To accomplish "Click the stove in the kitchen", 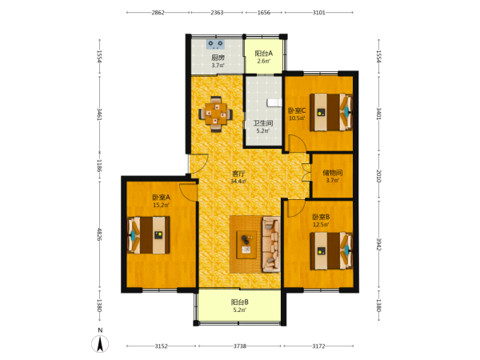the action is click(215, 44).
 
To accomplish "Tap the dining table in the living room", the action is click(216, 114).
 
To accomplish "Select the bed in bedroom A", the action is click(149, 235).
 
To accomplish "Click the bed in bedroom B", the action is click(331, 251).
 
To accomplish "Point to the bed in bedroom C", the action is click(331, 112).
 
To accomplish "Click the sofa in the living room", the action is click(271, 244).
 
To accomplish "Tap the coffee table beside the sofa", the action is click(246, 245).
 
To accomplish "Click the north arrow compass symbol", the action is click(100, 343).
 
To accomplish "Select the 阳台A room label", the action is click(264, 54).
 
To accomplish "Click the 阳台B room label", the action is click(240, 302).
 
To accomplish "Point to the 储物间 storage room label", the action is click(333, 173).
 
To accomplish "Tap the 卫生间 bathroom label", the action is click(263, 123).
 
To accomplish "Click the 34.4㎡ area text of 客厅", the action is click(238, 182).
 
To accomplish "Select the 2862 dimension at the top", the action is click(158, 13).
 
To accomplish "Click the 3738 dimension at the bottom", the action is click(240, 346).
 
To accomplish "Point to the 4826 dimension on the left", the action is click(99, 234).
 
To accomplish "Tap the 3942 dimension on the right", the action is click(378, 244).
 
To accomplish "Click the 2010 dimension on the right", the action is click(378, 176).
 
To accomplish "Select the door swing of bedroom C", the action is click(298, 143).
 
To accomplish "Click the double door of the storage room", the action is click(306, 173).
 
